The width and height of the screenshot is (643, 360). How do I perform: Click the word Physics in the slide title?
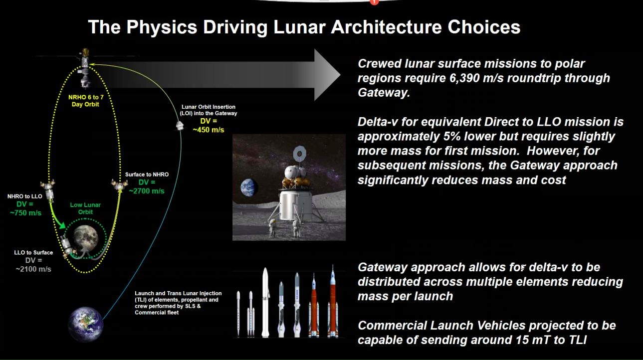(x=162, y=27)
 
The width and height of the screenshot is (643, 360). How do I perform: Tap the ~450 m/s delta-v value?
(x=209, y=130)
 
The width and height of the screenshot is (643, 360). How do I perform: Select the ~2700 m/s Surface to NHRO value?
(x=147, y=191)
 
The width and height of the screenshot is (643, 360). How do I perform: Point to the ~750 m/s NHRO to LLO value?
(x=25, y=213)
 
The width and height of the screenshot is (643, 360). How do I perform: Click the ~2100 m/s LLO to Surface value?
(x=33, y=269)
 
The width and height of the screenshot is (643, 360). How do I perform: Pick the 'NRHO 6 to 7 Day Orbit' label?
(x=85, y=101)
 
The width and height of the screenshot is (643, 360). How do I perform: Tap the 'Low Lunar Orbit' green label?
(x=85, y=208)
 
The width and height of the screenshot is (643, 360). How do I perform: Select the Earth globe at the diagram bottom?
(x=85, y=324)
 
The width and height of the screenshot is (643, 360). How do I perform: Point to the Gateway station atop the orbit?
(x=85, y=68)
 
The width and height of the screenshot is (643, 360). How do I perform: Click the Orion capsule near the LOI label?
(x=180, y=126)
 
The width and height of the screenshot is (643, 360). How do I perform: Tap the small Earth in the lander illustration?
(x=248, y=187)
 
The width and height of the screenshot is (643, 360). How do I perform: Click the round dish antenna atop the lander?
(x=299, y=154)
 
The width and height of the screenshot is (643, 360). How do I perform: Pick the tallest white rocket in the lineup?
(x=265, y=303)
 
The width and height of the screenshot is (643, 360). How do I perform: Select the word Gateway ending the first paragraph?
(x=384, y=93)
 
